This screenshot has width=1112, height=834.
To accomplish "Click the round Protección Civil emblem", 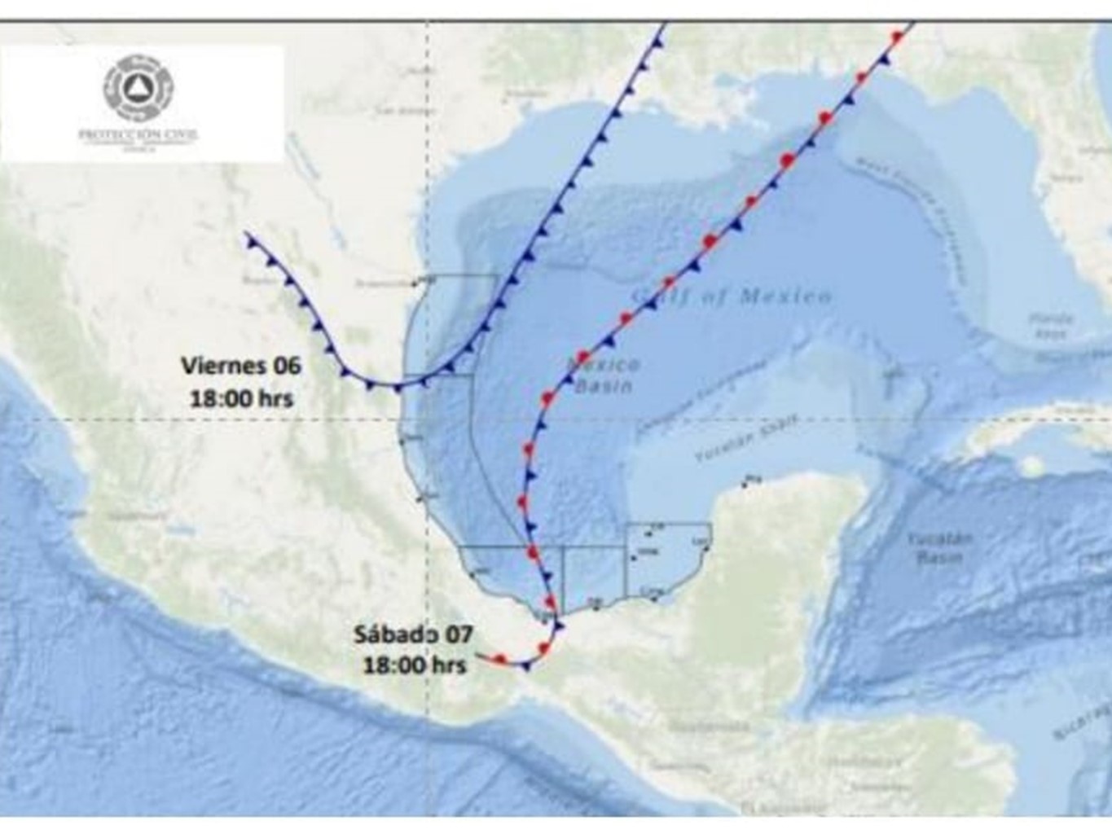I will (138, 87).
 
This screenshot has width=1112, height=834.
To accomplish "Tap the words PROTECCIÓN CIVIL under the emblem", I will (138, 135).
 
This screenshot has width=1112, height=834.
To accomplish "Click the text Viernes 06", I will (241, 366).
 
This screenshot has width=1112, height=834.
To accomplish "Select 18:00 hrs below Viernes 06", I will (241, 398).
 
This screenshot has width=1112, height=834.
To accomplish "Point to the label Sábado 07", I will (413, 634).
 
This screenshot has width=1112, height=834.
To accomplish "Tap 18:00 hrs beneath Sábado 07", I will (415, 665).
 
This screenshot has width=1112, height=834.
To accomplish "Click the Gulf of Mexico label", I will (732, 296).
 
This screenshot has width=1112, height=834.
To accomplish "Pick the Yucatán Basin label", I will (939, 547).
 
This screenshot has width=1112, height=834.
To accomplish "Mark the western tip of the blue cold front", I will (247, 235).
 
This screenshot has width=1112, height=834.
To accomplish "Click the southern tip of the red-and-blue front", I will (477, 655).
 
